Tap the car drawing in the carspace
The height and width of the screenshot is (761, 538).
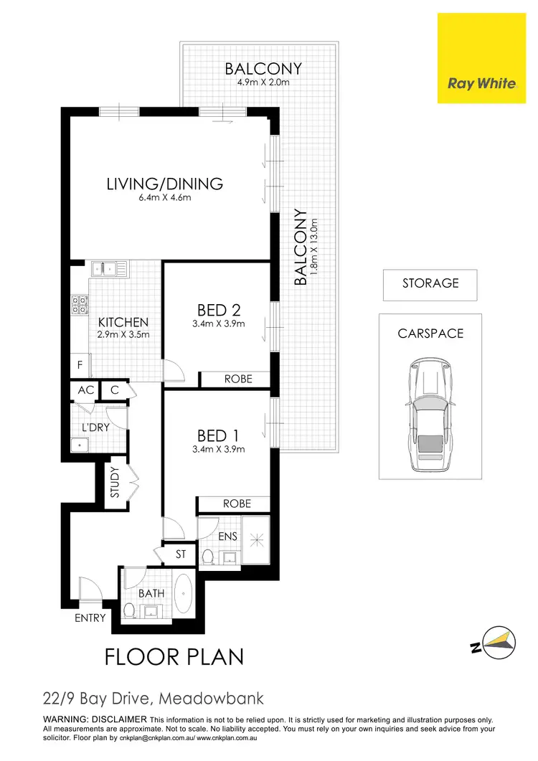point(430,415)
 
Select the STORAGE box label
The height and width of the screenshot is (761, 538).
point(430,283)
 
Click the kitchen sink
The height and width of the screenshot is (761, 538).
point(110,269)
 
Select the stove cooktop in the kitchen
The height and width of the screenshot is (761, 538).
point(78,307)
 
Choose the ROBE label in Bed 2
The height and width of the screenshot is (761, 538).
point(237,379)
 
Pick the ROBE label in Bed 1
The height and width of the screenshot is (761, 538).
point(236,504)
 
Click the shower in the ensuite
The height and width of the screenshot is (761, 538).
point(255,538)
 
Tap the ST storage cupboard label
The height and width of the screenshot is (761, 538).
point(180,554)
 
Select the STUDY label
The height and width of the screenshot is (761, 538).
point(115,483)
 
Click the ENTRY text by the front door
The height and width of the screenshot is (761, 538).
point(90,618)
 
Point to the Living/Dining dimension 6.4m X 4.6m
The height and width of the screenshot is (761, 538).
point(164,198)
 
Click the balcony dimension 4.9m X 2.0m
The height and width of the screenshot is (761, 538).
point(263,82)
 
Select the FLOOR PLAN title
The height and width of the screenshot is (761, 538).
point(174,656)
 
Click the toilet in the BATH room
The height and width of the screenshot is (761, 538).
point(130,610)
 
